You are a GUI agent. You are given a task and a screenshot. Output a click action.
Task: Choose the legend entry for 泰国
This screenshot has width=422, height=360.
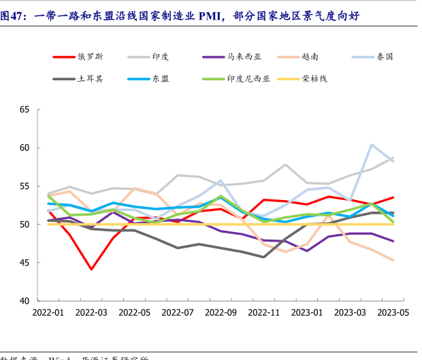pyautogui.click(x=385, y=56)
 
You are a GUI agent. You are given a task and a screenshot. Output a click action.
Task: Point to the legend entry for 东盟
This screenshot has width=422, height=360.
pyautogui.click(x=161, y=78)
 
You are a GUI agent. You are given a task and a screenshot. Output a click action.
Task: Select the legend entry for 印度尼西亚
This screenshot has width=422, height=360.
pyautogui.click(x=248, y=78)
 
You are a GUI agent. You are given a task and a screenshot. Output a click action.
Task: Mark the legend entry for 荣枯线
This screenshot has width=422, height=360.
pyautogui.click(x=315, y=78)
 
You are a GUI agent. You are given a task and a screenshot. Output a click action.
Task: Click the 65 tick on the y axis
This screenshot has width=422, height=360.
pyautogui.click(x=25, y=109)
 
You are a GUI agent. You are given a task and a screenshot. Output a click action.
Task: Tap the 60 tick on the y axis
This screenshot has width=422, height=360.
pyautogui.click(x=25, y=148)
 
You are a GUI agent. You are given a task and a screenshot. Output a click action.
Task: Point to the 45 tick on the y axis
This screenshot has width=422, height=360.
pyautogui.click(x=25, y=263)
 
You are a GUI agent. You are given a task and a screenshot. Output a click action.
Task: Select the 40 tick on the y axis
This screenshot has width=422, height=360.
pyautogui.click(x=25, y=301)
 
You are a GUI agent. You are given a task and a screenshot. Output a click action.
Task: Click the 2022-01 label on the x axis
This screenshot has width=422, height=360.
pyautogui.click(x=48, y=312)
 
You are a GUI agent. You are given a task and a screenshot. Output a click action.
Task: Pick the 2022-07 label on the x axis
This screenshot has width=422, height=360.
pyautogui.click(x=178, y=312)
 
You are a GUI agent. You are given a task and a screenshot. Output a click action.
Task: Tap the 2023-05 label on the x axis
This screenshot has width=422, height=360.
pyautogui.click(x=393, y=312)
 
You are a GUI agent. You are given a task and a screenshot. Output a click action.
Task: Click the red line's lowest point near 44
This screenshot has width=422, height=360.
pyautogui.click(x=91, y=269)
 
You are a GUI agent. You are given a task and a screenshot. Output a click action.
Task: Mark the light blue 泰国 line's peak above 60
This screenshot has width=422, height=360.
pyautogui.click(x=372, y=144)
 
